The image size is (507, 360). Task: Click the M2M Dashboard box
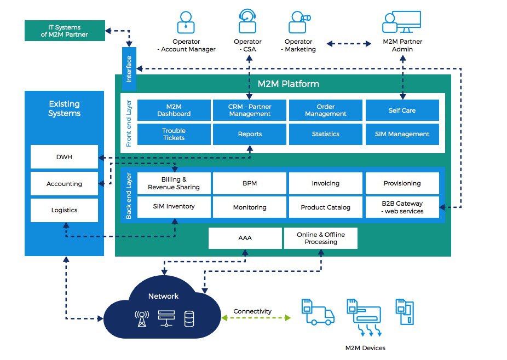point(174,110)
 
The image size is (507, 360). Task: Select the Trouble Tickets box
point(174,134)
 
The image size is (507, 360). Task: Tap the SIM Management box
point(402,134)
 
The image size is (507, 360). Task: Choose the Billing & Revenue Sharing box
point(174,183)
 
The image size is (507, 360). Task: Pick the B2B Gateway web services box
point(402,207)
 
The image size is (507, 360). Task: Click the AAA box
point(245,238)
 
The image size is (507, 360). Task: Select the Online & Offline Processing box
point(320,238)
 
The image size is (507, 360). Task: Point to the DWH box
point(64,157)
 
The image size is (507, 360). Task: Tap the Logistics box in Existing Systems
point(64,210)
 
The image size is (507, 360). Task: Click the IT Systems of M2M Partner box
point(64,31)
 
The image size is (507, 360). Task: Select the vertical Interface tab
point(129,69)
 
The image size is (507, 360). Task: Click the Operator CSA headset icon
point(247,22)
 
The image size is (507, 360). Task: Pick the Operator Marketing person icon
point(298,22)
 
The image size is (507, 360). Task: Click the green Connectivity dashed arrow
point(256,318)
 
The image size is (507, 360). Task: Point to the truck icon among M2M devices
point(317,312)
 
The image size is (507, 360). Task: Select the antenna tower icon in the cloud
point(142,318)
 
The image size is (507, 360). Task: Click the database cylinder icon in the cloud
point(189,318)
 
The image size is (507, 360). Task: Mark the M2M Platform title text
point(288,84)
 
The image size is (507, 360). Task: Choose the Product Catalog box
point(325,207)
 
